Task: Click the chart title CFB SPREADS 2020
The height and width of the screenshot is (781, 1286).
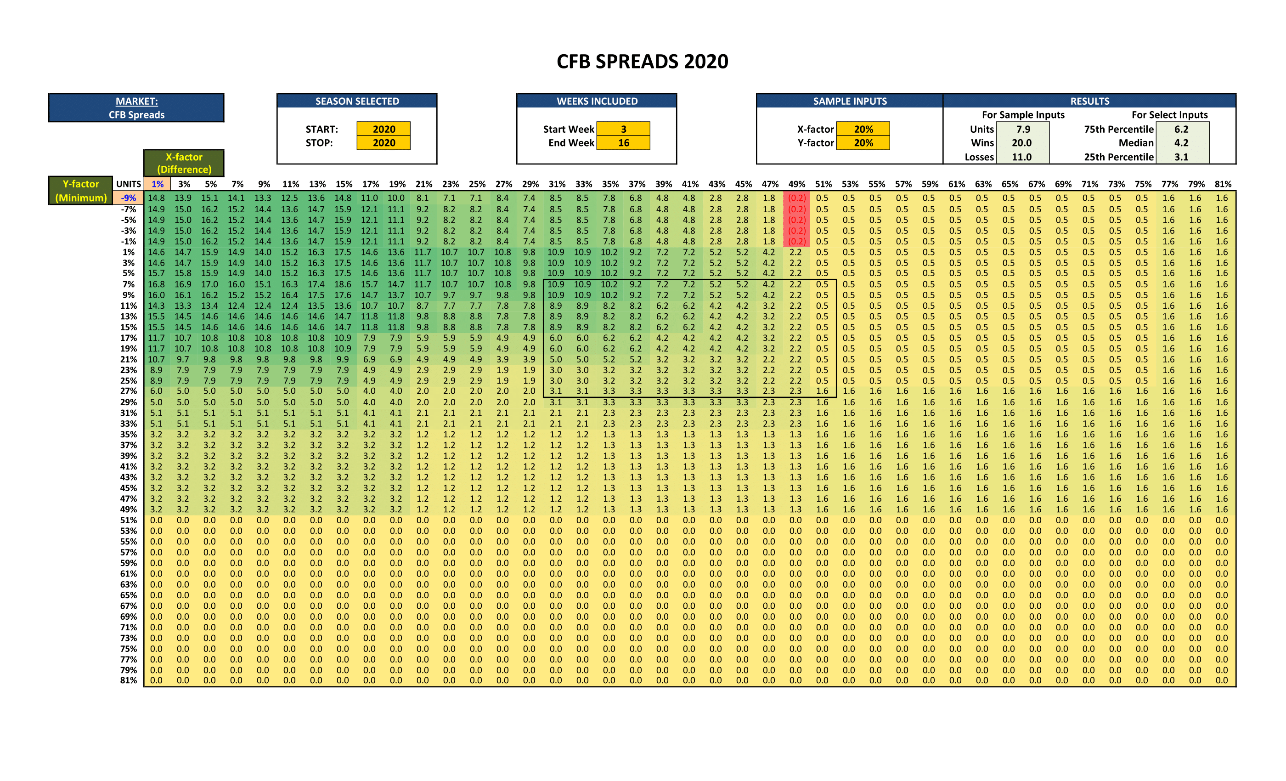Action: pos(642,62)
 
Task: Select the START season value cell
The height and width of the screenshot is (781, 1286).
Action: pos(384,129)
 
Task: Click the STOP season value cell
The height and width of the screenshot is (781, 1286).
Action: pos(384,142)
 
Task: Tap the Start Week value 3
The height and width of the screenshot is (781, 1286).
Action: pos(623,129)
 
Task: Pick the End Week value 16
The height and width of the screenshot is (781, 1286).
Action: pos(623,142)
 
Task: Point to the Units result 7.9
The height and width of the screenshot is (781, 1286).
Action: pos(1022,129)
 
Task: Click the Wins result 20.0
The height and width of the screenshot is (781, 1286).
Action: pos(1021,142)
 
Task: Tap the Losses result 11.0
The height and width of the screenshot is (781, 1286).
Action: pos(1021,157)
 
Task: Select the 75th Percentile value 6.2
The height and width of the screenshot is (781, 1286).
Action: pos(1181,129)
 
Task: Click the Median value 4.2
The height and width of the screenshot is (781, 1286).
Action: pos(1181,142)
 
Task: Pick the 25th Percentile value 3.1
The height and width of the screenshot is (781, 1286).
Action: pos(1181,157)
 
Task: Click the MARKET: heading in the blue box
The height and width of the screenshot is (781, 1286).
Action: pos(136,101)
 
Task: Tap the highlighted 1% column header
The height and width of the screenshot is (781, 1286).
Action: pos(157,184)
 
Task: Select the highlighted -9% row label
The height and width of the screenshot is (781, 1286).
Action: pos(129,198)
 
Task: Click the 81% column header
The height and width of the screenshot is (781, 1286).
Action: pos(1222,184)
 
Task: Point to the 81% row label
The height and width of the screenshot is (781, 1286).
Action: pos(129,680)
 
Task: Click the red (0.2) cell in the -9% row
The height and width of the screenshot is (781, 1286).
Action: pos(796,198)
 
